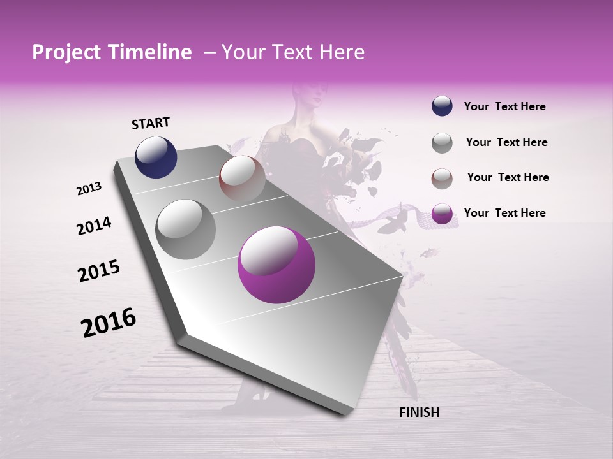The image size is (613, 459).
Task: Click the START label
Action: tap(151, 123)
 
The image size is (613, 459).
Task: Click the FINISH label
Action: tap(419, 412)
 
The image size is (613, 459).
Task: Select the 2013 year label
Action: tap(89, 189)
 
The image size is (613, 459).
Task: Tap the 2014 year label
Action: tap(94, 226)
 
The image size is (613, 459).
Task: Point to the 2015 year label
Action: tap(99, 271)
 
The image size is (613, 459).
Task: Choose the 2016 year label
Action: tap(109, 322)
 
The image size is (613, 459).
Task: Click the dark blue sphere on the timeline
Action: tap(156, 157)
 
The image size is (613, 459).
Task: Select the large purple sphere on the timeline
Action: tap(276, 265)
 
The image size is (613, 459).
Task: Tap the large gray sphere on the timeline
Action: tap(186, 229)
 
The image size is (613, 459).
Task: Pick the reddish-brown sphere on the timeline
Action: tap(242, 178)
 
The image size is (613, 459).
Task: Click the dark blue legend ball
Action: tap(442, 106)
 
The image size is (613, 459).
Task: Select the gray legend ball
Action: tap(442, 143)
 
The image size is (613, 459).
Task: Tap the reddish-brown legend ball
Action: tap(442, 178)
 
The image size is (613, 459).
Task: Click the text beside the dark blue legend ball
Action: tap(504, 107)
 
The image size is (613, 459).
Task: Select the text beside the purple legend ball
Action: tap(504, 213)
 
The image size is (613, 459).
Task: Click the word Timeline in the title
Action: tap(145, 52)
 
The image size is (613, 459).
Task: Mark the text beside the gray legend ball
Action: tap(506, 142)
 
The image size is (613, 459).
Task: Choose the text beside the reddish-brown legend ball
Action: tap(508, 177)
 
